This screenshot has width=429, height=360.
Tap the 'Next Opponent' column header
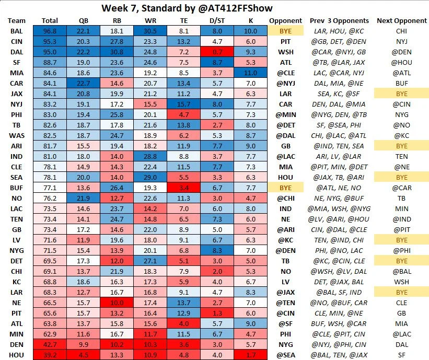[x=400, y=21]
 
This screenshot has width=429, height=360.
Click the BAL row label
[x=16, y=31]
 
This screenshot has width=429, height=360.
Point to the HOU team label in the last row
[x=16, y=355]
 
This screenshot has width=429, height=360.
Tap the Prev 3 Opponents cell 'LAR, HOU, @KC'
[x=339, y=31]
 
